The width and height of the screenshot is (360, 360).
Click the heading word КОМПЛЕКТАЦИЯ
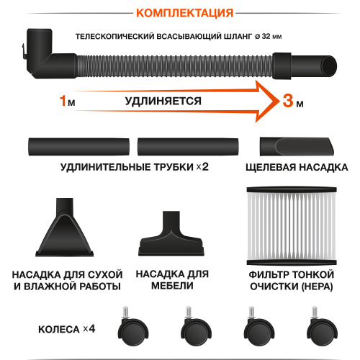[180, 13]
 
